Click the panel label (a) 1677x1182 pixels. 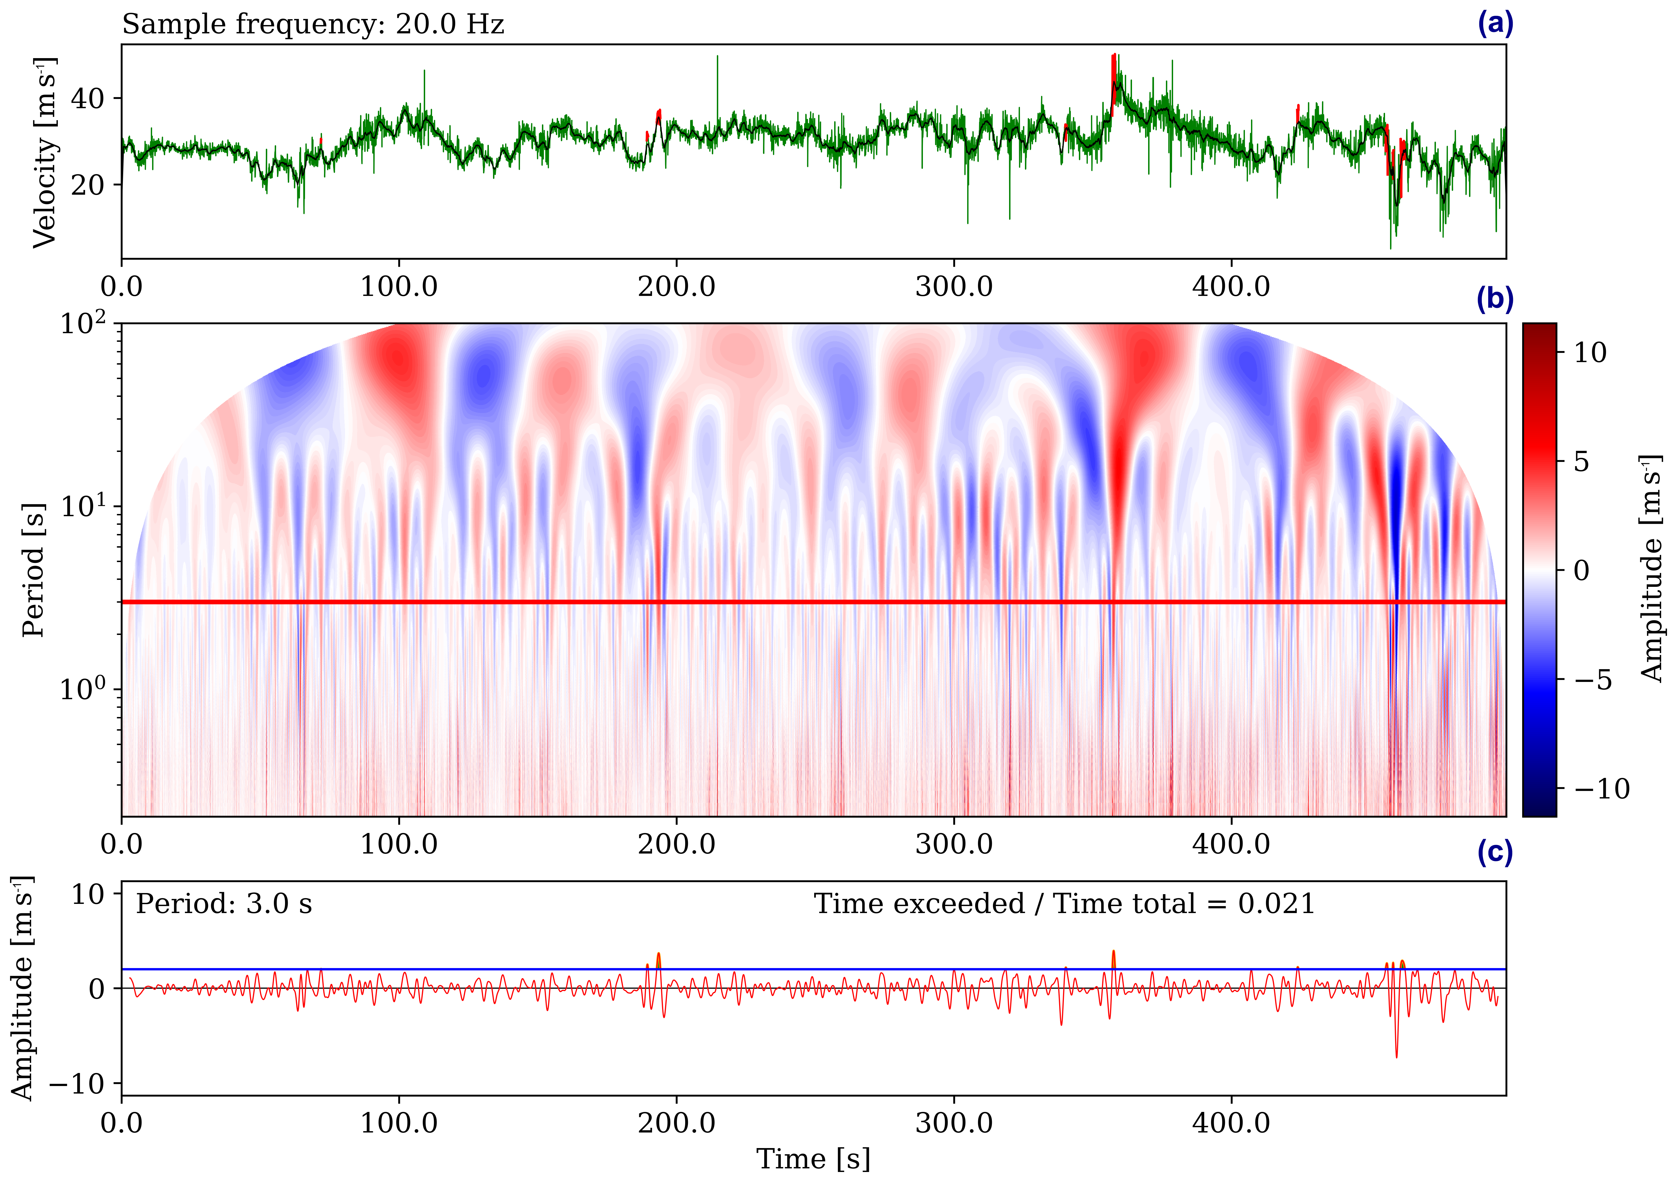(x=1494, y=24)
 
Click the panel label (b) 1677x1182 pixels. (x=1494, y=300)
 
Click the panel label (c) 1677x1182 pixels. (x=1494, y=853)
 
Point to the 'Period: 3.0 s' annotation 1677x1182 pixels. (x=224, y=904)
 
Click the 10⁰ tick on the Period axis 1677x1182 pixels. (x=82, y=688)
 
